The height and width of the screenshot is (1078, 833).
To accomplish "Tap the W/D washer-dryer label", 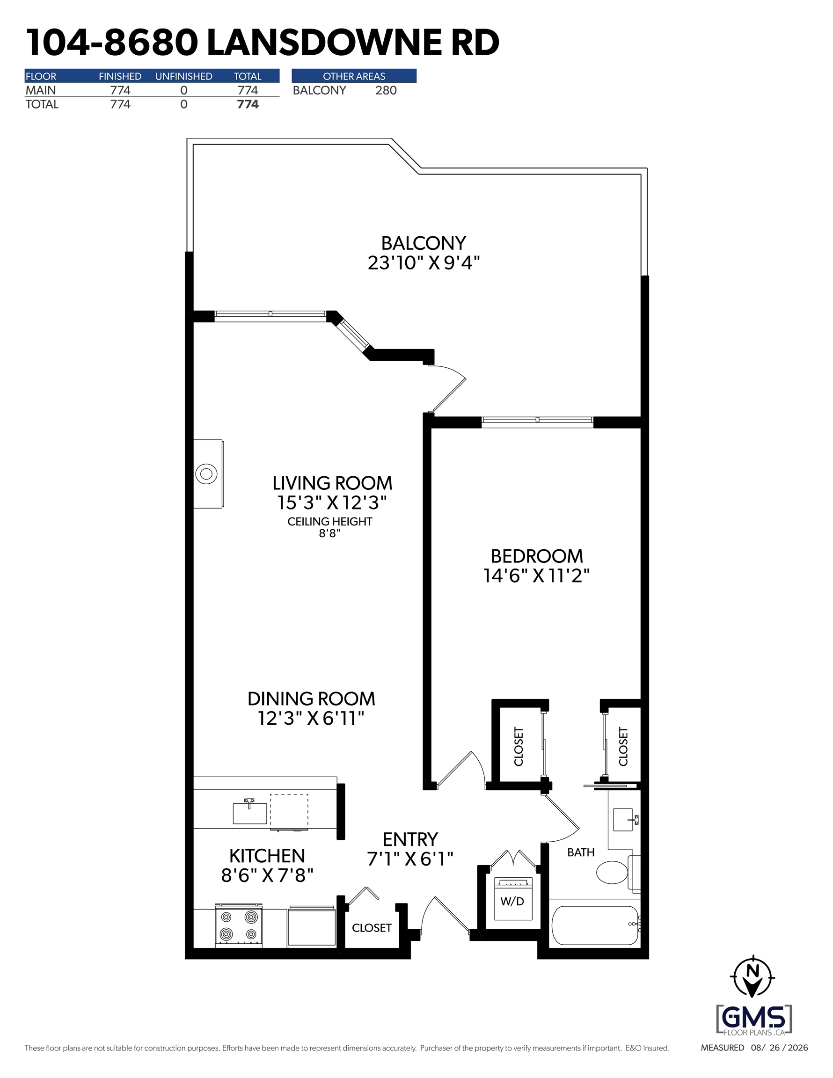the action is tap(512, 901).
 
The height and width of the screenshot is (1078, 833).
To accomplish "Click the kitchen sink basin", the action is tap(250, 814).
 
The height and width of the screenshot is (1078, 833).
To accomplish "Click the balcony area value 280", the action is tap(386, 90).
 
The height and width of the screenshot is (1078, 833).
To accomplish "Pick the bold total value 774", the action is tap(248, 104).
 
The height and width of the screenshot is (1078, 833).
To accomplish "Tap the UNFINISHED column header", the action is tap(184, 76).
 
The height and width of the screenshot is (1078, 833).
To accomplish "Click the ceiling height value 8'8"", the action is tap(330, 533).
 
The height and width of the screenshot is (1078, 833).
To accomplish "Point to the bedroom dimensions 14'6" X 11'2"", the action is tap(537, 575).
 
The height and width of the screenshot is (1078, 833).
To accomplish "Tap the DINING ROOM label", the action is tap(312, 699).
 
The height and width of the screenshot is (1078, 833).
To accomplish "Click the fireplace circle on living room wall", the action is tap(206, 474).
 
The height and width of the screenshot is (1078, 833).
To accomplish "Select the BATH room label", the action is tap(581, 852).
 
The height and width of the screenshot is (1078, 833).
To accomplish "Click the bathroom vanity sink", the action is tap(623, 820).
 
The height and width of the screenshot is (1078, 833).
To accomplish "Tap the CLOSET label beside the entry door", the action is tap(372, 928).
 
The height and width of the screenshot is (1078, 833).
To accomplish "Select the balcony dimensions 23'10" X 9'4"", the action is tap(424, 262).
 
